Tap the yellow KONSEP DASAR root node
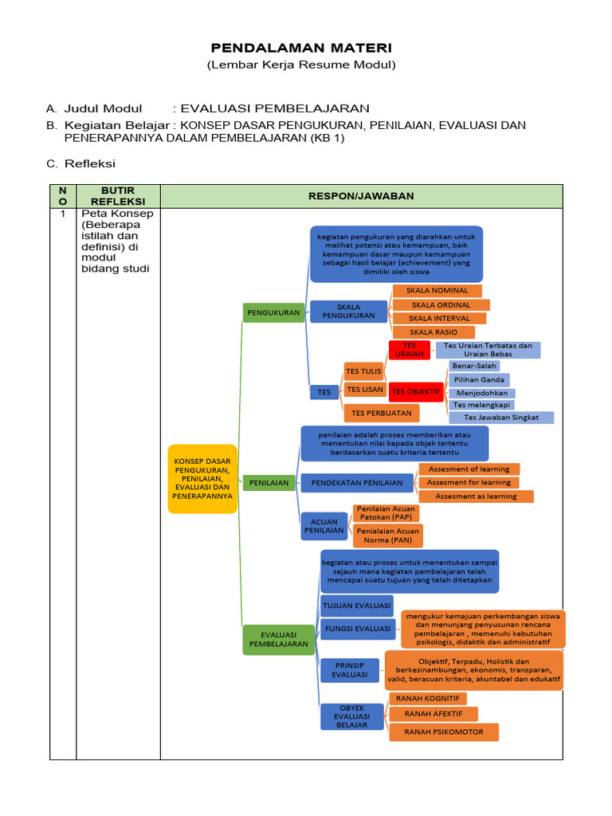tap(202, 478)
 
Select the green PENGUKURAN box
tap(273, 312)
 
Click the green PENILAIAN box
tap(269, 483)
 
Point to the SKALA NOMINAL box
tap(437, 291)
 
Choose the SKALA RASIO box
tap(434, 331)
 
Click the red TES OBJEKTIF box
tap(416, 391)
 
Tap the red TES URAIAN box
tap(410, 350)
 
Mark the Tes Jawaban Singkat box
tap(501, 417)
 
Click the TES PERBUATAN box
tap(381, 413)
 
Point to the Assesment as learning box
tap(476, 496)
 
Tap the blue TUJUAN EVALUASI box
tap(356, 606)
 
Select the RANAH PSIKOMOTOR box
tap(443, 732)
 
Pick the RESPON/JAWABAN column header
tap(361, 196)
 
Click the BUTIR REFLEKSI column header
tap(118, 196)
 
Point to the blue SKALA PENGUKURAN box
tap(348, 311)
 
